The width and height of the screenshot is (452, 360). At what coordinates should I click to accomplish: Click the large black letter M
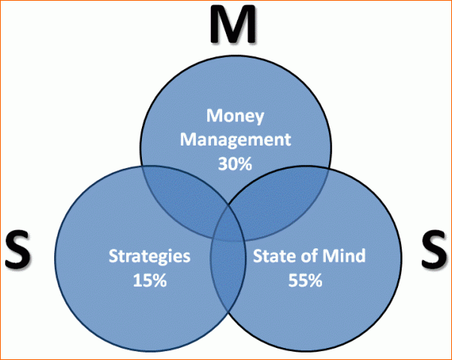click(233, 25)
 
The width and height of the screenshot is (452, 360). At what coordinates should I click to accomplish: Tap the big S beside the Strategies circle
click(18, 250)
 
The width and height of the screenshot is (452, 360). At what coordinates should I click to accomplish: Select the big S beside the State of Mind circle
click(434, 250)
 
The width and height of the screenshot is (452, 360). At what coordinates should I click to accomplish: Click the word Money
click(235, 116)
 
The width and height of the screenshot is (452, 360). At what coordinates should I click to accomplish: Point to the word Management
click(236, 140)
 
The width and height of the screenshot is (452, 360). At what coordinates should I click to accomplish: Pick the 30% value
click(235, 163)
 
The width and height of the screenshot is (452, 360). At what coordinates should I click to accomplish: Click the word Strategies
click(149, 256)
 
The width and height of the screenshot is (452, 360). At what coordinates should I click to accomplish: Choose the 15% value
click(150, 280)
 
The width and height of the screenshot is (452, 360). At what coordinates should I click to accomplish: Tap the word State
click(270, 255)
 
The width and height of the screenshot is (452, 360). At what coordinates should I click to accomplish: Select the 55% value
click(306, 280)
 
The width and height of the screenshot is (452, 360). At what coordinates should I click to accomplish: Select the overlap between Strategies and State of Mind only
click(228, 277)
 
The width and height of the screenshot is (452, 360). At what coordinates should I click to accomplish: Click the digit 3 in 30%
click(223, 163)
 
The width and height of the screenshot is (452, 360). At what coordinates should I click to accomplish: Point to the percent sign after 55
click(315, 280)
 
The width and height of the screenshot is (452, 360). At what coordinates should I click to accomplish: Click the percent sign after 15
click(160, 280)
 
